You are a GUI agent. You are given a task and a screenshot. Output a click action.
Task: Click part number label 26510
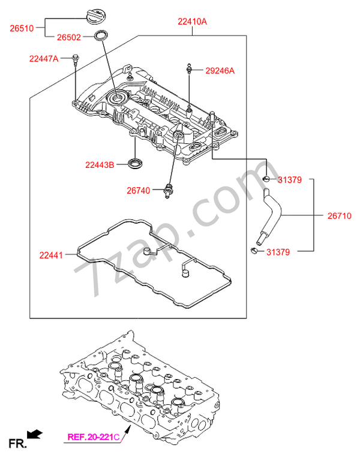(x=22, y=27)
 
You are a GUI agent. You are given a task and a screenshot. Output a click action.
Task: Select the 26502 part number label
(x=69, y=37)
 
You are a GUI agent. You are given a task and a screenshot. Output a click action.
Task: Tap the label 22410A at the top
(x=192, y=22)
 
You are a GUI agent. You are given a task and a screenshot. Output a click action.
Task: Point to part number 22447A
(x=43, y=58)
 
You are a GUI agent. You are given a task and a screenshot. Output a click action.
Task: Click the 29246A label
(x=220, y=71)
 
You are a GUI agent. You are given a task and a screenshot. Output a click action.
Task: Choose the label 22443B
(x=99, y=164)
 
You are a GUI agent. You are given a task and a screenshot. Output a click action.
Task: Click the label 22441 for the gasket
(x=52, y=255)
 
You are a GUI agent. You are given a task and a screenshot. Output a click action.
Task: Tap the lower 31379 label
(x=277, y=252)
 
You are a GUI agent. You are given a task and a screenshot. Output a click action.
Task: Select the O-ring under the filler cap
(x=101, y=37)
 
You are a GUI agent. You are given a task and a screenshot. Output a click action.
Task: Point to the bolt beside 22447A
(x=75, y=58)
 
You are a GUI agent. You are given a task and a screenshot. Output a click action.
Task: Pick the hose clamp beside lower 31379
(x=254, y=251)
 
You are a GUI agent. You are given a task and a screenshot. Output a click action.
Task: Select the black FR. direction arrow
(x=35, y=433)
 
